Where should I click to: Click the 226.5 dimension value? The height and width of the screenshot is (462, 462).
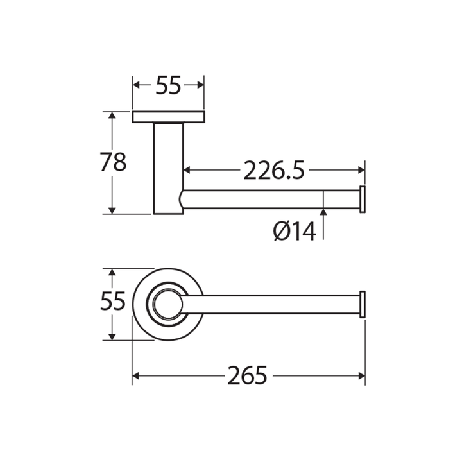point(273,170)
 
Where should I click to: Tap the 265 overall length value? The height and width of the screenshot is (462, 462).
point(247,375)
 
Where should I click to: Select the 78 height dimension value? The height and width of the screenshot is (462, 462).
point(113,162)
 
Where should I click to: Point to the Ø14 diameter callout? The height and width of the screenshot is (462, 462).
point(295,231)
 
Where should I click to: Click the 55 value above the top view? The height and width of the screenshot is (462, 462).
point(168,85)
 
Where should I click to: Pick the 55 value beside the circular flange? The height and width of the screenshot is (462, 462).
point(113,301)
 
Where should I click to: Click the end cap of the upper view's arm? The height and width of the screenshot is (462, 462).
point(363,200)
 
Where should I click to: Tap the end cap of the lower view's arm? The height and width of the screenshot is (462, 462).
point(363,304)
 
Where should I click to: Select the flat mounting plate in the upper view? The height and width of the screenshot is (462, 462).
point(169,117)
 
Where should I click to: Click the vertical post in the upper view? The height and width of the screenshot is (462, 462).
point(168,168)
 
